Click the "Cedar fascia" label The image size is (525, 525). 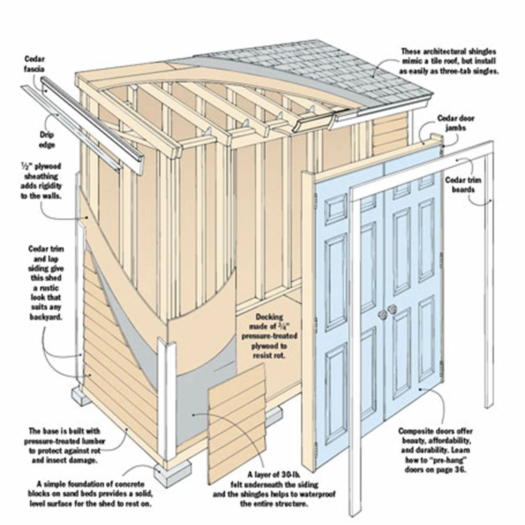[35, 64]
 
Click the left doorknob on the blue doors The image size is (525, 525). [382, 314]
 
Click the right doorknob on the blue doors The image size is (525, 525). [392, 309]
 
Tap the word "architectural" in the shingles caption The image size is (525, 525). [445, 59]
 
